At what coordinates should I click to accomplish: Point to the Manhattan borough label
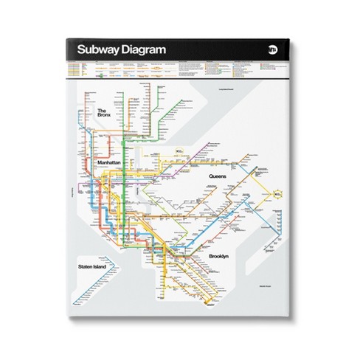pos(111,161)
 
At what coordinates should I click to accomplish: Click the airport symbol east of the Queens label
pos(277,194)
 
